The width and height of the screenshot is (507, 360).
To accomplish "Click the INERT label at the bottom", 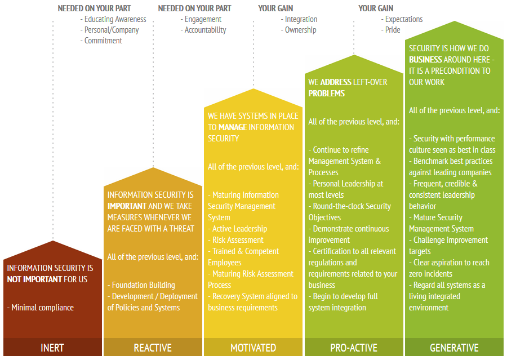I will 52,348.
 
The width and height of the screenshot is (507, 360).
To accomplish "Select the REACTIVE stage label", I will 153,348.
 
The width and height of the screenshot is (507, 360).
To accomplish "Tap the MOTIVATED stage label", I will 253,348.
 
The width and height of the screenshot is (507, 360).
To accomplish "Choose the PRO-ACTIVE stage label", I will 354,348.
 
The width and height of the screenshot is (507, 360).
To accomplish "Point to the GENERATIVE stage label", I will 454,348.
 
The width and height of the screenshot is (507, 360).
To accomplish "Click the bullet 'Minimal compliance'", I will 41,308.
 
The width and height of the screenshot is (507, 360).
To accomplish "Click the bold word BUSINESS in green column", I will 425,60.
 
